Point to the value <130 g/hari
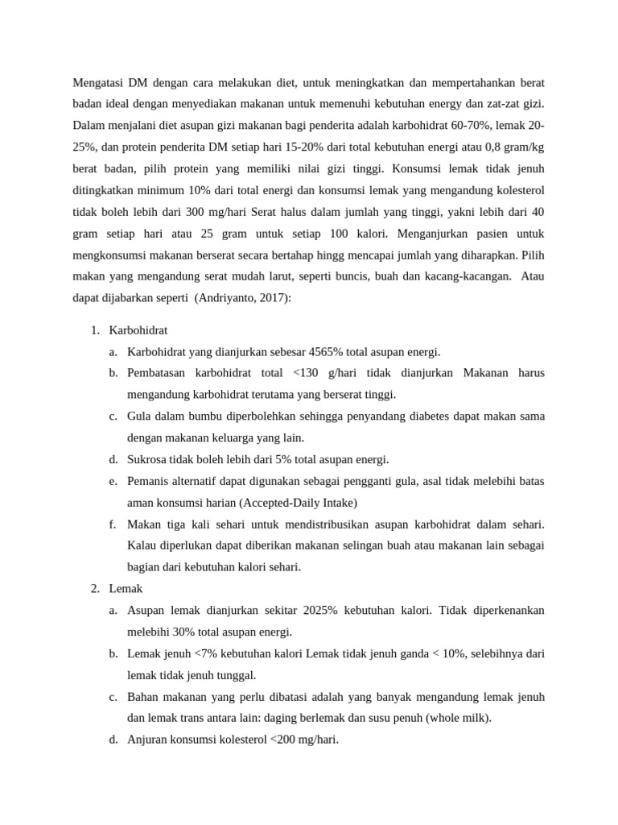[320, 373]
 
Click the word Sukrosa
[149, 459]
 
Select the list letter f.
[111, 524]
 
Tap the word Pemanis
[150, 481]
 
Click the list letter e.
[112, 481]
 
